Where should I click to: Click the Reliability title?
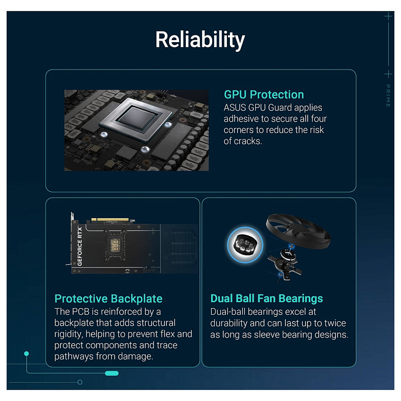(x=200, y=40)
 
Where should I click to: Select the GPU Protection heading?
(x=264, y=94)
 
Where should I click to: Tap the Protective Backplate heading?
(x=108, y=298)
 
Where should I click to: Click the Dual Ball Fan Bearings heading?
(x=266, y=298)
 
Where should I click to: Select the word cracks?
(x=248, y=141)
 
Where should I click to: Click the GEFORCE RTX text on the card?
(x=80, y=243)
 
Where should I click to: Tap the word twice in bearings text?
(x=333, y=323)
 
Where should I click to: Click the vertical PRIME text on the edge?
(x=388, y=95)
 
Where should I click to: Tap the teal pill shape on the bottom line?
(x=112, y=374)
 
